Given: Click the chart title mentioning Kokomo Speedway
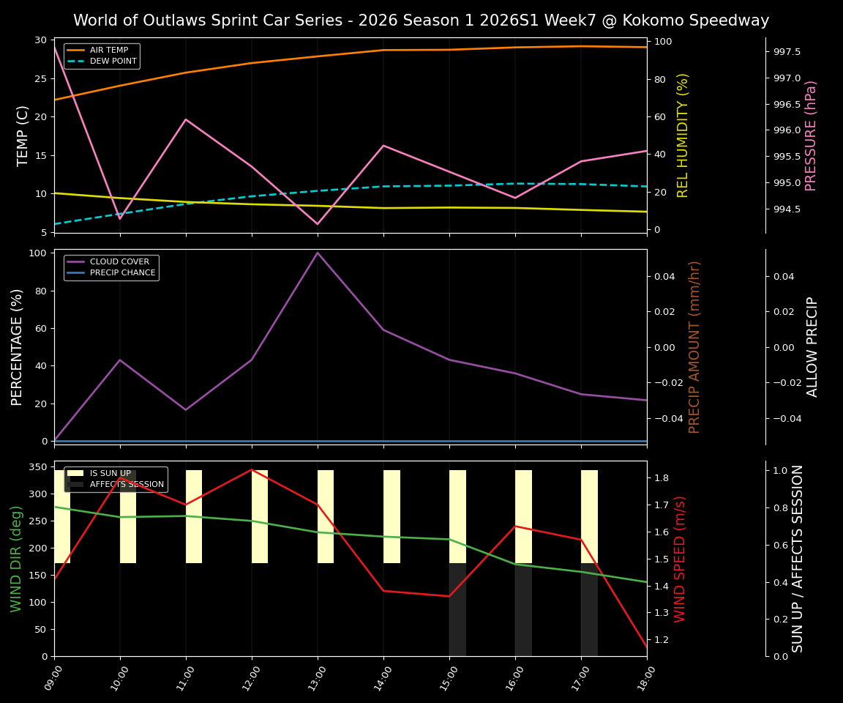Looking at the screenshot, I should click(421, 21).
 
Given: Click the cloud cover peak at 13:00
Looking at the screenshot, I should click(318, 253).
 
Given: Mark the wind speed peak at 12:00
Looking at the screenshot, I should click(252, 469).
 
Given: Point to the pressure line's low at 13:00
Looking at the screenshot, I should click(318, 224).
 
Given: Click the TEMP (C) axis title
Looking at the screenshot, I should click(23, 135).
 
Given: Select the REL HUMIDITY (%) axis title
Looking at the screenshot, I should click(683, 135).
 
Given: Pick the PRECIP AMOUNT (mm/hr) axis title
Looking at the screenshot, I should click(695, 346).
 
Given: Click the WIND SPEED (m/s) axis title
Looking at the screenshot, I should click(681, 559).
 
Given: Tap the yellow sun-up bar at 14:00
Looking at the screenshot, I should click(391, 516).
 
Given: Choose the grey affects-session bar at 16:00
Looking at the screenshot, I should click(523, 609).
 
